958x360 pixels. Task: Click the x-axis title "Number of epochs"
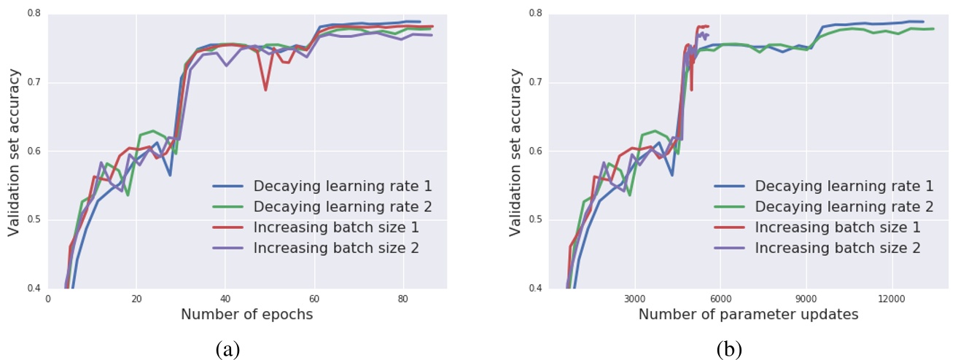tap(246, 315)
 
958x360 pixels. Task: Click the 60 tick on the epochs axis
tap(314, 298)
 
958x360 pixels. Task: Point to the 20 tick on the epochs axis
tap(136, 298)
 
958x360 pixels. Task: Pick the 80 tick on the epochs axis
tap(402, 298)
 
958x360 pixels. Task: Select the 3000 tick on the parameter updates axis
tap(635, 298)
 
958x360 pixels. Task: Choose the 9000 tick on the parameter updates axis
tap(806, 298)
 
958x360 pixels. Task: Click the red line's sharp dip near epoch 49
tap(265, 90)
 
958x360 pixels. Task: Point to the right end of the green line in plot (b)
tap(934, 29)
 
